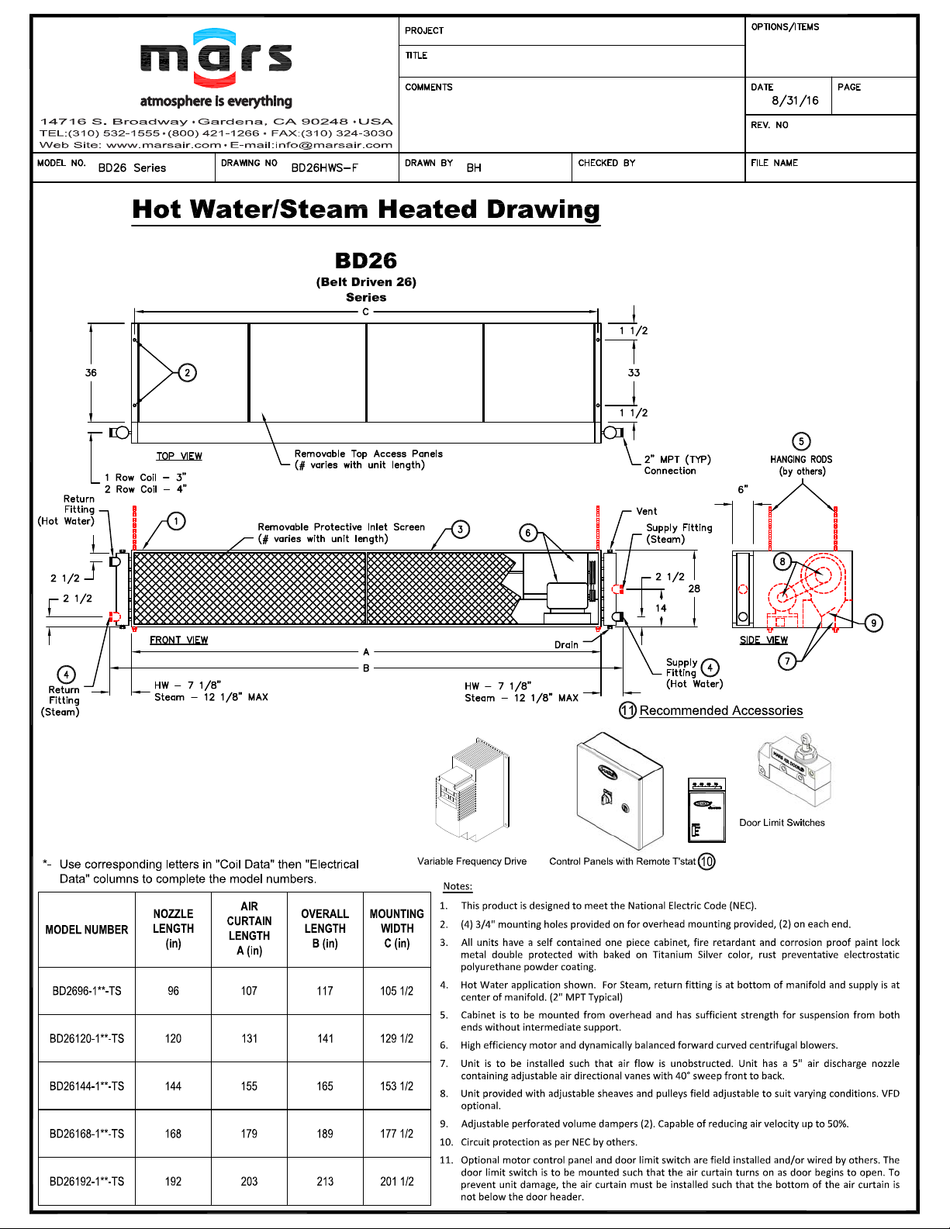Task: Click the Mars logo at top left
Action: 216,58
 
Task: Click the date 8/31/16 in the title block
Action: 794,101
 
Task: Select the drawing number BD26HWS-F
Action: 324,168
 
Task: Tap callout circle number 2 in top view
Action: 187,373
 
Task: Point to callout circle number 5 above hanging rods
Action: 801,441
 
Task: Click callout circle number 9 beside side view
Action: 873,623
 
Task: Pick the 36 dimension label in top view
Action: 91,373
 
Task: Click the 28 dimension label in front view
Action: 694,589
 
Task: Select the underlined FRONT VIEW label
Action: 178,640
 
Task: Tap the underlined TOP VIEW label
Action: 179,457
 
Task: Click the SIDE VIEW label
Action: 763,640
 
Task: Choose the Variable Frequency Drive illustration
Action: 471,791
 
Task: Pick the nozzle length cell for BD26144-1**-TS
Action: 173,1086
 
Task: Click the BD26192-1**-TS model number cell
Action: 87,1182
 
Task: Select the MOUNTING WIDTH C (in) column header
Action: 396,929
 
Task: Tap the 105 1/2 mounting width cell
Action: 396,991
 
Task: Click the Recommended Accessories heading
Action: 720,711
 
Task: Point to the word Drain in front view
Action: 566,645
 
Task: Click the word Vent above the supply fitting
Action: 646,512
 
